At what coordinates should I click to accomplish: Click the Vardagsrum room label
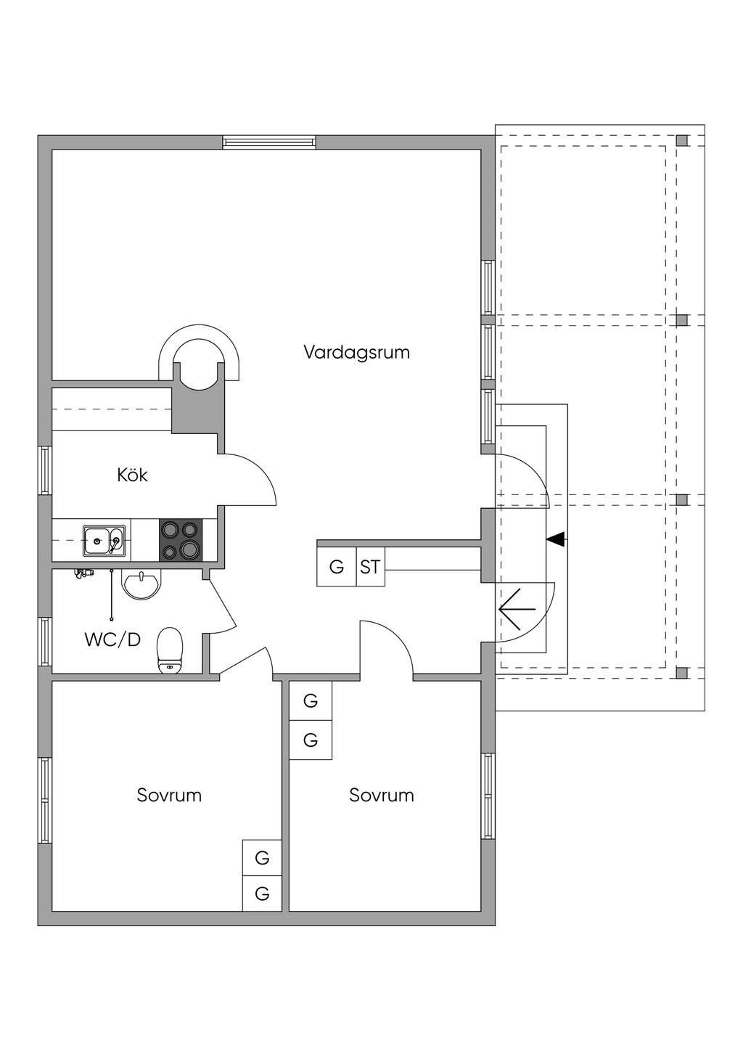356,352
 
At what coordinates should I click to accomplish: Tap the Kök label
132,475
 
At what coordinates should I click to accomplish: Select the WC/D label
112,639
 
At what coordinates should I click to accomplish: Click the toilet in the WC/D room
170,650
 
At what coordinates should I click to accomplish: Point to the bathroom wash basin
141,584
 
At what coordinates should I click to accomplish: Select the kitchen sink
104,541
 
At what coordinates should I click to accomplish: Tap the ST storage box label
369,568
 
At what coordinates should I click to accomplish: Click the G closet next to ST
337,567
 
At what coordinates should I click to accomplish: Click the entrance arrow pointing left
517,609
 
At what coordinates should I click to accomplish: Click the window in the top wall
269,142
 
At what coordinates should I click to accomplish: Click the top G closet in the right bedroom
311,701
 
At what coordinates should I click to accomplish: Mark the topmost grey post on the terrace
681,140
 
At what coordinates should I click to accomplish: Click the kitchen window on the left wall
45,470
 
